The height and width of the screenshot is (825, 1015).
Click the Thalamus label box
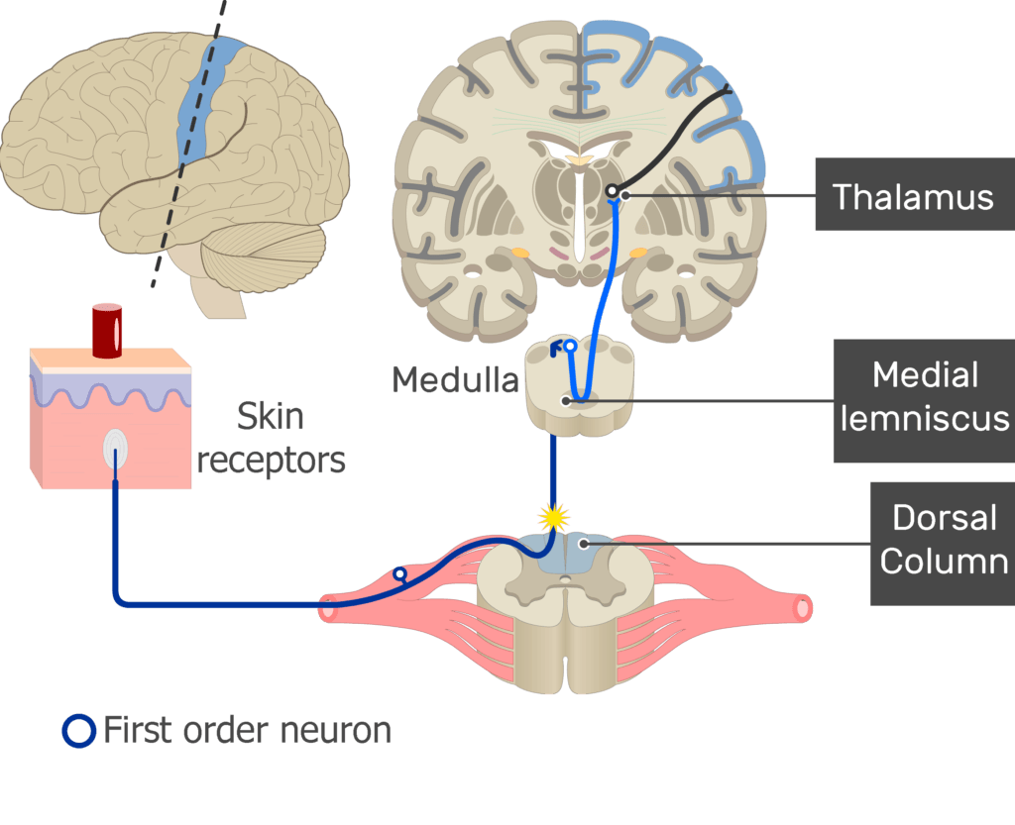tap(913, 196)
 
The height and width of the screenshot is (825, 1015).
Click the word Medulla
tap(455, 379)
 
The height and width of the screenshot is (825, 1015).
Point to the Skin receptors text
tap(270, 438)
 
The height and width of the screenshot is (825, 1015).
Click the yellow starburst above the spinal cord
tap(553, 516)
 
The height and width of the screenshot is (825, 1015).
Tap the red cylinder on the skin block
tap(107, 330)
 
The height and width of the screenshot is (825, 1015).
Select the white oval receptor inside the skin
tap(115, 451)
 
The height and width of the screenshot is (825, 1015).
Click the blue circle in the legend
tap(77, 732)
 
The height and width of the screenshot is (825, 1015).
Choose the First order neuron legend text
tap(247, 731)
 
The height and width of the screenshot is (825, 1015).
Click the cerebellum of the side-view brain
tap(263, 254)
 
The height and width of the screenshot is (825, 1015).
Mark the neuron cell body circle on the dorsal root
tap(399, 573)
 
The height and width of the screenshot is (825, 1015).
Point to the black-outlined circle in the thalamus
tap(613, 191)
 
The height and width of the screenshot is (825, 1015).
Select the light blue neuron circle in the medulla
tap(570, 347)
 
